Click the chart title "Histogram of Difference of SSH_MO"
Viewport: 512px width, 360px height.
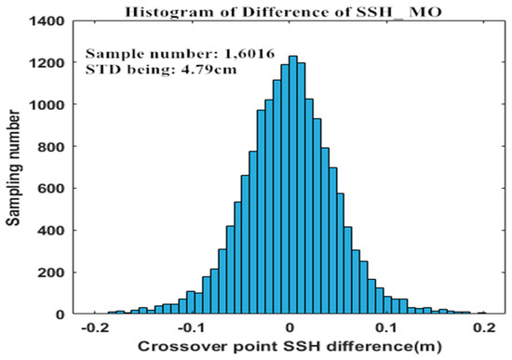click(x=290, y=9)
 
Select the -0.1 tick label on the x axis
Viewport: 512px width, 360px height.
click(x=191, y=329)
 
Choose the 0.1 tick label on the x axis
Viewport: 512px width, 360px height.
click(x=386, y=329)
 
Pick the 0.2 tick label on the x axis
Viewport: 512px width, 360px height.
click(x=483, y=329)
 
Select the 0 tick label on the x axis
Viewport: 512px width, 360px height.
click(x=290, y=329)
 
